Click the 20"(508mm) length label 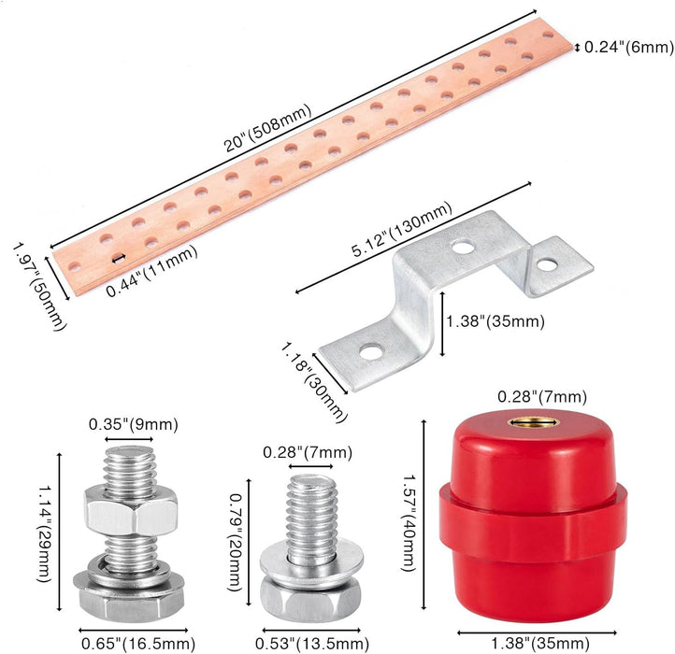[267, 128]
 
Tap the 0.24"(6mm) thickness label [629, 47]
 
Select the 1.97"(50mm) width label [40, 287]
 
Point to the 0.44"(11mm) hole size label [151, 271]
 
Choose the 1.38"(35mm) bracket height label [495, 321]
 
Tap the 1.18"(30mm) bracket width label [314, 381]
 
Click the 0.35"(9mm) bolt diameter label [134, 425]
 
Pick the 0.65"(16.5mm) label [138, 644]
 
